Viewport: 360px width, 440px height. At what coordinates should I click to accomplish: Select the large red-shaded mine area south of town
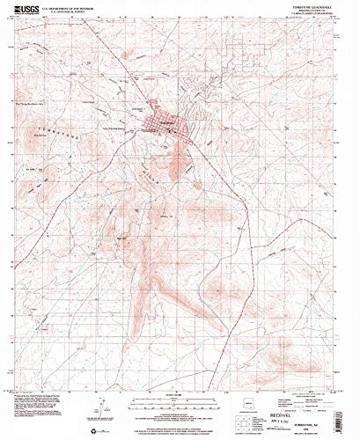[180, 158]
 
